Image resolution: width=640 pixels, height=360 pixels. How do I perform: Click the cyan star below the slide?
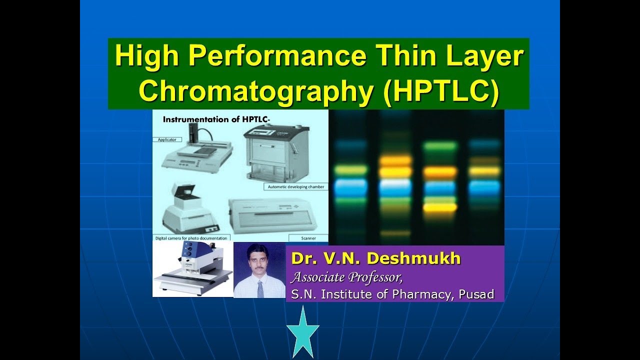click(302, 332)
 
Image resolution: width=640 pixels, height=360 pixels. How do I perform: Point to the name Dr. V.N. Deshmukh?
click(375, 259)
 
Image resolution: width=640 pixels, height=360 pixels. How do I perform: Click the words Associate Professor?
click(347, 276)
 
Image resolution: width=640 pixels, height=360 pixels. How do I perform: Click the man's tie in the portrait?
click(260, 288)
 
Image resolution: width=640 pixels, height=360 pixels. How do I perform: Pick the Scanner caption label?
click(308, 238)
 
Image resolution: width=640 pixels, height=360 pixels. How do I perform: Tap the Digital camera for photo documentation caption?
click(191, 238)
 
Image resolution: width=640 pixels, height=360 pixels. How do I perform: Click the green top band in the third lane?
click(440, 146)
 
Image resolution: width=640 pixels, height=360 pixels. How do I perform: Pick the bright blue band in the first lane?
click(350, 187)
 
